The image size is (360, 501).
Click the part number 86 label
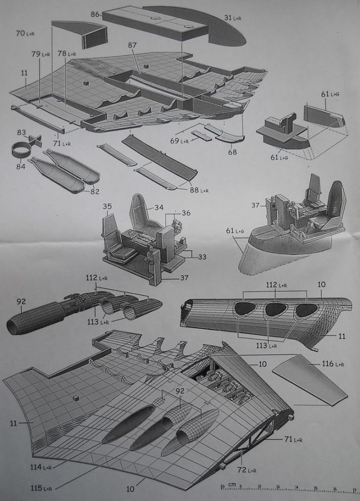click(x=95, y=13)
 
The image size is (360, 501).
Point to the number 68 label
click(x=232, y=152)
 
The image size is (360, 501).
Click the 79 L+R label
click(x=41, y=54)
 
